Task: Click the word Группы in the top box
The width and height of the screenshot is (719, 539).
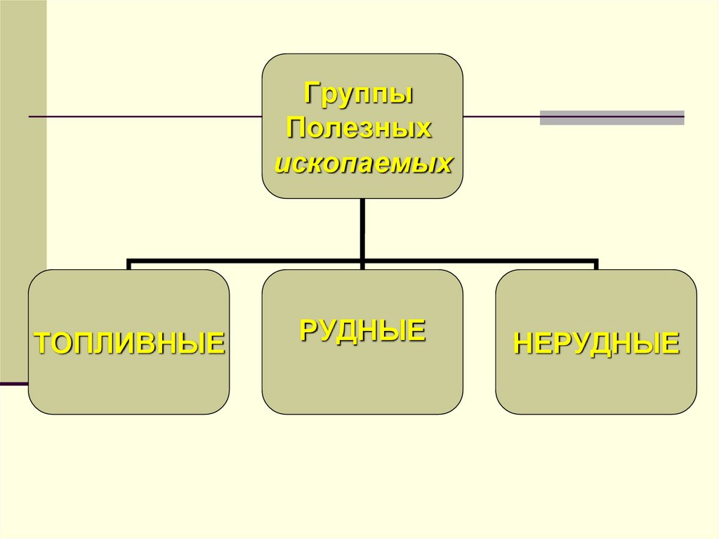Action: [x=358, y=93]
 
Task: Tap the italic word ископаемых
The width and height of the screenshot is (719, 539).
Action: [x=362, y=164]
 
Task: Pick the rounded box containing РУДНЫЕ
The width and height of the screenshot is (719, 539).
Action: [x=362, y=379]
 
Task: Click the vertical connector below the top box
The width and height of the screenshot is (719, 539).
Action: [x=362, y=228]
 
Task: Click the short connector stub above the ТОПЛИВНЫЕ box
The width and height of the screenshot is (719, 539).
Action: [x=129, y=265]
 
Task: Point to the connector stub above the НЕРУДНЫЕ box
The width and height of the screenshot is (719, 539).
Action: [x=596, y=265]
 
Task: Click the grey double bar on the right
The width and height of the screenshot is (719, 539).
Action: [x=612, y=117]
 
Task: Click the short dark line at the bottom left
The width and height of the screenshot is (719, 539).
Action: [x=14, y=384]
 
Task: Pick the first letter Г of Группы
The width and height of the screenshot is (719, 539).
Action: [x=310, y=93]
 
